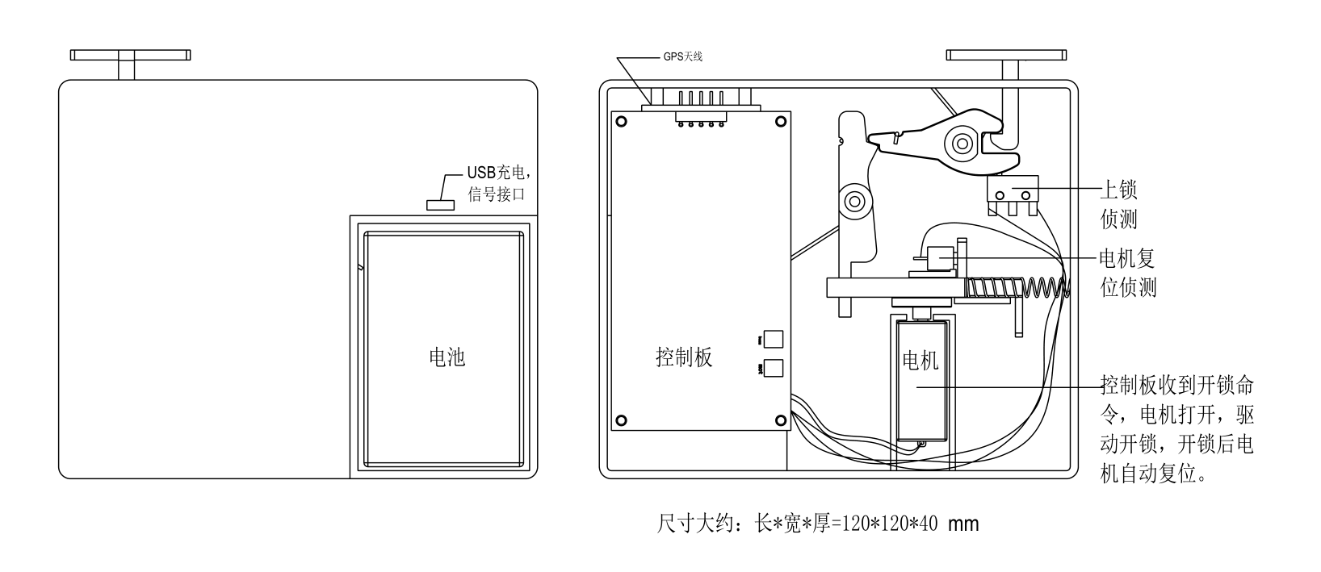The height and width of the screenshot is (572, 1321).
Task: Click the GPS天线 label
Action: pos(682,56)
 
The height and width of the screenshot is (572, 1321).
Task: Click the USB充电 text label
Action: pos(498,173)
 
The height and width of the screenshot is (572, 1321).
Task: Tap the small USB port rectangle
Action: pos(440,204)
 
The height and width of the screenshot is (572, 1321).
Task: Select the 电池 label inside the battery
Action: pos(447,357)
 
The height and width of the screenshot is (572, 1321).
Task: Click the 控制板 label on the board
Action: pos(684,357)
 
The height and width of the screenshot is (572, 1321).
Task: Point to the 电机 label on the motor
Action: pos(920,360)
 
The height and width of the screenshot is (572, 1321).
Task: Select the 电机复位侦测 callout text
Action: pos(1128,273)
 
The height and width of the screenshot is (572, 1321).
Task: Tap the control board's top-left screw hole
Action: pos(621,122)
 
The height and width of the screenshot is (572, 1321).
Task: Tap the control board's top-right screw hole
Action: pos(780,122)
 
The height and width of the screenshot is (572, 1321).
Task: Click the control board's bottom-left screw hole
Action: pos(621,420)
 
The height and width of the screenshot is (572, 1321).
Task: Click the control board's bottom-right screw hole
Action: pos(780,420)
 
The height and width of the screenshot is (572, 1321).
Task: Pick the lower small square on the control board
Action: pos(773,368)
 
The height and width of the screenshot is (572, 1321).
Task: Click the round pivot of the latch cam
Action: pos(961,144)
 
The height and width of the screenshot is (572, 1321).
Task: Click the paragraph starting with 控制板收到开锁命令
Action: pos(1177,428)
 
